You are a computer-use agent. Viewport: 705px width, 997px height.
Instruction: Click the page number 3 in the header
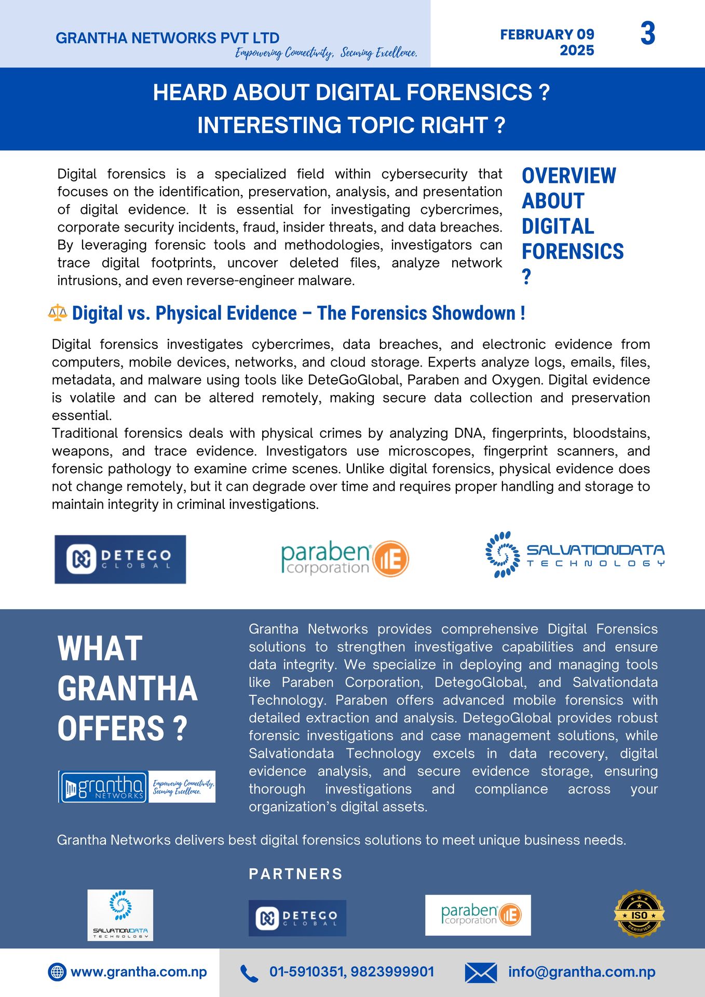(x=647, y=34)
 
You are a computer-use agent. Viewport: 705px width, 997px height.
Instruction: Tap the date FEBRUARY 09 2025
(x=547, y=42)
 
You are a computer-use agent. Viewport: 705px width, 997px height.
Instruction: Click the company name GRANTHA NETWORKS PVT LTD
(x=167, y=38)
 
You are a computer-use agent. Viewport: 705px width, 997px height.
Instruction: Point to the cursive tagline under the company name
(x=326, y=53)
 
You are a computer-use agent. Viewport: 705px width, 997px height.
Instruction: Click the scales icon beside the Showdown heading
(x=57, y=313)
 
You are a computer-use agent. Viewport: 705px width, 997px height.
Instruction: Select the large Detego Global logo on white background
(x=120, y=559)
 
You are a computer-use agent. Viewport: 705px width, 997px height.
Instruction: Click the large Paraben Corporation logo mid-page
(x=344, y=559)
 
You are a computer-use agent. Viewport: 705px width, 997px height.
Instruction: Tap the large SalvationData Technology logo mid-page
(x=575, y=555)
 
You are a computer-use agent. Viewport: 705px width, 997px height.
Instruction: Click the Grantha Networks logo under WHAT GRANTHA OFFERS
(x=137, y=787)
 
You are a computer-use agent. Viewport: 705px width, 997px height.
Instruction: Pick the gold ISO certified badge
(x=639, y=914)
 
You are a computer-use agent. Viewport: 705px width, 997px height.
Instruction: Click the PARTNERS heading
(x=296, y=874)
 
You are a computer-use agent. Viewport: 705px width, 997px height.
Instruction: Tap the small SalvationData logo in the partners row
(x=120, y=915)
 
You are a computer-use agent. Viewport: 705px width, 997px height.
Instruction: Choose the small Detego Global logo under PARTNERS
(x=297, y=918)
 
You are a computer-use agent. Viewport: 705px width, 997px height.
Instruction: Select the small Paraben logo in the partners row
(x=478, y=915)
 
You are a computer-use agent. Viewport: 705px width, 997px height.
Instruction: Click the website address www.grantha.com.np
(x=139, y=972)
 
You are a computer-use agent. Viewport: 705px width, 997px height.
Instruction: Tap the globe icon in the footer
(x=57, y=972)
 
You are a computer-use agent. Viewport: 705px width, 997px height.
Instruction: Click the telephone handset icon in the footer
(x=249, y=973)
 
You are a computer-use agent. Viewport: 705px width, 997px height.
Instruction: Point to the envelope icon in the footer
(x=481, y=973)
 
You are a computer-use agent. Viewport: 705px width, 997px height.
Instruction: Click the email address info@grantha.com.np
(x=581, y=972)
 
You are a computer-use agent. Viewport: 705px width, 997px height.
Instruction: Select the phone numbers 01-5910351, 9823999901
(x=351, y=972)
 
